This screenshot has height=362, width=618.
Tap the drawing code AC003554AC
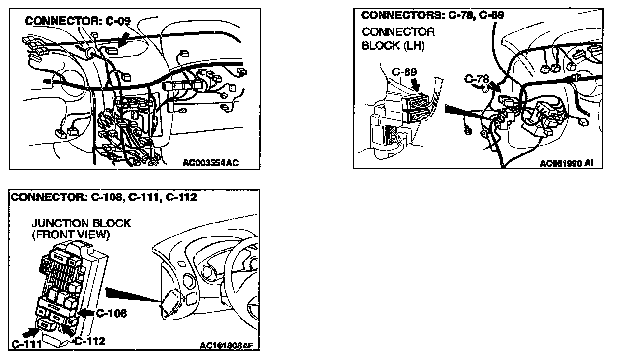click(x=211, y=163)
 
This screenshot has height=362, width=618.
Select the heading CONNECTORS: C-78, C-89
click(x=433, y=15)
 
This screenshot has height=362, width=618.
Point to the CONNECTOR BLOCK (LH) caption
click(x=398, y=39)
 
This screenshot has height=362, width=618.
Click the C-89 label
click(x=404, y=72)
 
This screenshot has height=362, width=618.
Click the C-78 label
click(x=478, y=78)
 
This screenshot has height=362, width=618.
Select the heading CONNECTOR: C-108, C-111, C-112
click(x=104, y=197)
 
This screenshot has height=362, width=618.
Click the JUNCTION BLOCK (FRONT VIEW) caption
click(x=81, y=229)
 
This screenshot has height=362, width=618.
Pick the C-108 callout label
click(x=112, y=313)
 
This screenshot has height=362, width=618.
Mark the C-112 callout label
click(x=90, y=341)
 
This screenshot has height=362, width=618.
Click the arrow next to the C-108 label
click(x=86, y=313)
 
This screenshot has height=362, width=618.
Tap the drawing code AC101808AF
click(x=226, y=345)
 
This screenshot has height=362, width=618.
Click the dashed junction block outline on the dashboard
click(x=171, y=302)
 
